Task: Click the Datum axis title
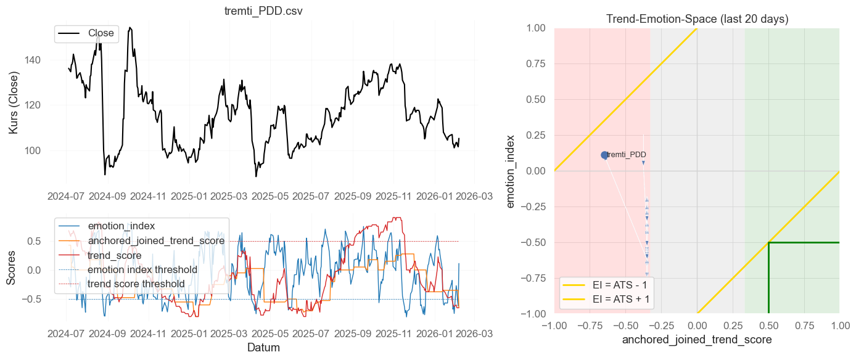(x=263, y=348)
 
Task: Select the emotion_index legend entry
(x=121, y=226)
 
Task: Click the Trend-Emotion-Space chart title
(x=697, y=19)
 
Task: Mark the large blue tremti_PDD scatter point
(x=605, y=155)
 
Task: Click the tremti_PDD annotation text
(x=627, y=155)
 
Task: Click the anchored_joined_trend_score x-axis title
(x=697, y=340)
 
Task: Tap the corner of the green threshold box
(x=768, y=242)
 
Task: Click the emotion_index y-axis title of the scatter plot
(x=512, y=171)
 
